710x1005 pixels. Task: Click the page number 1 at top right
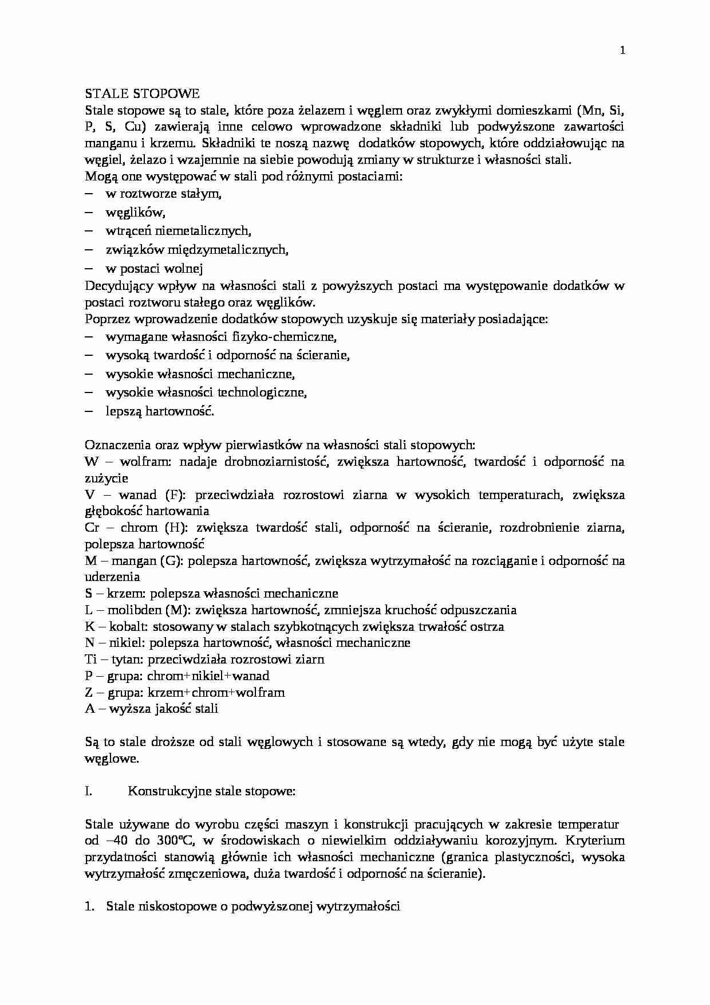pos(622,50)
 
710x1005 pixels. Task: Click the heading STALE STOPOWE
pos(142,93)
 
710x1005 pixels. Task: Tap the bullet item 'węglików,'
pos(135,213)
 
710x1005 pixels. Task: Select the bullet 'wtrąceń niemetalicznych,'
pos(178,231)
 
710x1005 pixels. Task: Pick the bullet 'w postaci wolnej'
pos(154,268)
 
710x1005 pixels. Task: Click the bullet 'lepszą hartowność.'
pos(160,411)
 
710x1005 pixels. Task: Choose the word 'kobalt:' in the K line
pos(132,626)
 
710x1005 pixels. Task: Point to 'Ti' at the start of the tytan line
pos(90,659)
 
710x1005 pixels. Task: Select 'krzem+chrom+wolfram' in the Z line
pos(216,692)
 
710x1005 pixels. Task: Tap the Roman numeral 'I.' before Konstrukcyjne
pos(88,791)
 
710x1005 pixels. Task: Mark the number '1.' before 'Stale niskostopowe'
pos(89,906)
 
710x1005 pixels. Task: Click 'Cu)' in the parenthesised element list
pos(134,127)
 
